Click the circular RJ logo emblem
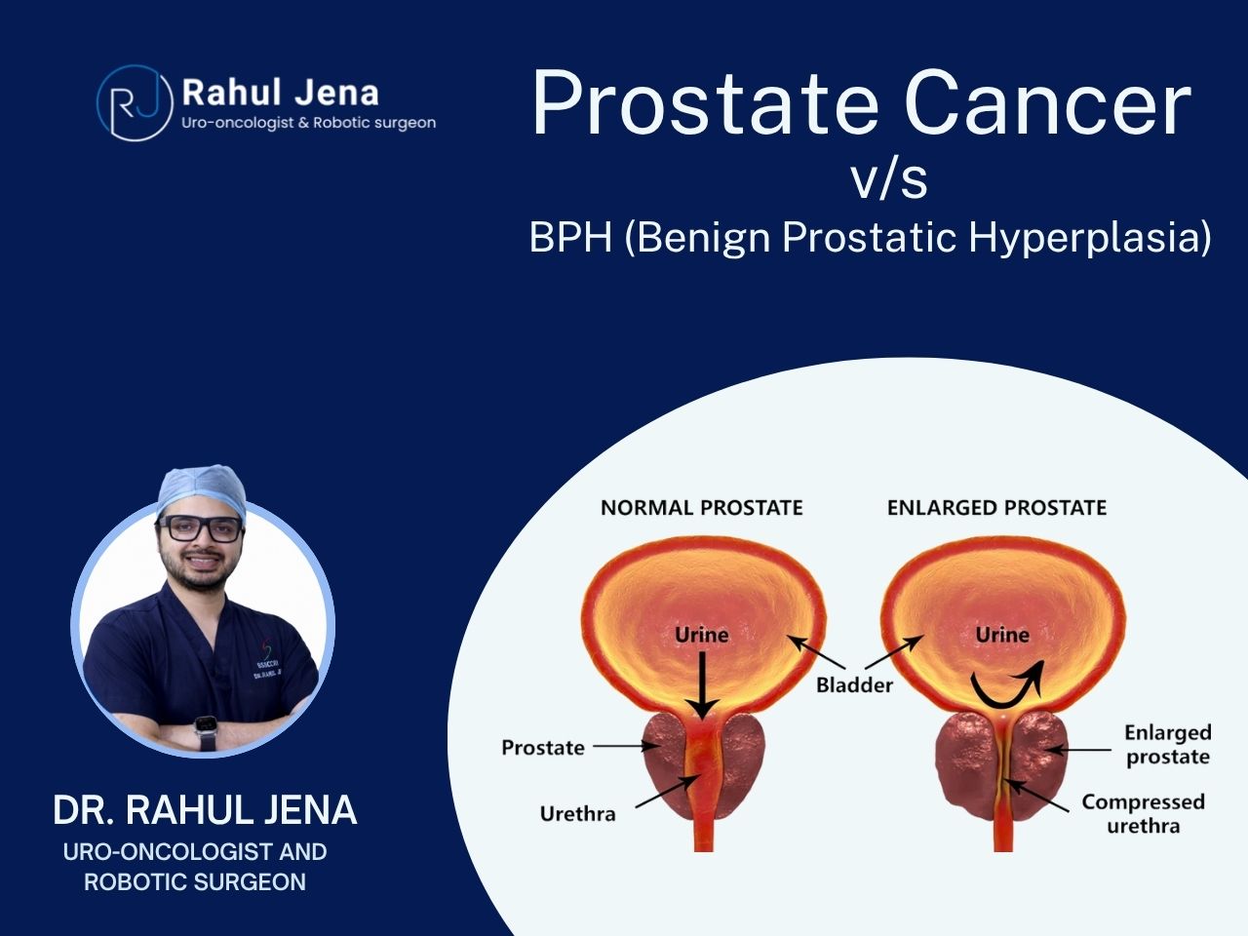pos(135,103)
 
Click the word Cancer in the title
pos(1047,102)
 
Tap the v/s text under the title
pos(889,179)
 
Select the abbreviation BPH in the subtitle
pos(570,237)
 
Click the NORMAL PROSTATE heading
pos(702,508)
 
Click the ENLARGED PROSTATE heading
pos(996,508)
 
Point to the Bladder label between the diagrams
pos(854,684)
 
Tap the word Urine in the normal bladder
pos(702,635)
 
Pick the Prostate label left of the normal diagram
pos(543,747)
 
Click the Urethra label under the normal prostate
pos(577,814)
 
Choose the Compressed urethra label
pos(1144,813)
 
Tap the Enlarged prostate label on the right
pos(1168,744)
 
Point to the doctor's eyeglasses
pos(200,528)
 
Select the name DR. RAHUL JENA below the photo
pos(205,810)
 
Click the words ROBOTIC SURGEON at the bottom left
pos(195,882)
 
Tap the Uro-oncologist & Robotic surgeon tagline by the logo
pos(309,123)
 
